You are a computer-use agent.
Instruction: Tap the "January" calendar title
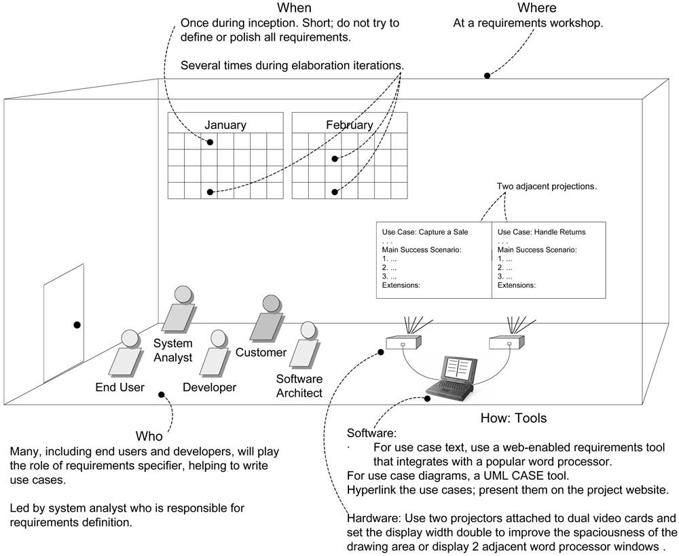(x=225, y=125)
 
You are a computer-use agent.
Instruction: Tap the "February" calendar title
(x=349, y=125)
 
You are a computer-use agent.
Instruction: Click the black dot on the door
(x=77, y=326)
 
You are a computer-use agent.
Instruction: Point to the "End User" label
(x=120, y=388)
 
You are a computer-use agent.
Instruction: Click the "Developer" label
(x=209, y=388)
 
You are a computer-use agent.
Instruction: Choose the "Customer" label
(x=261, y=353)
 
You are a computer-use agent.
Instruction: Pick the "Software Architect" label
(x=299, y=386)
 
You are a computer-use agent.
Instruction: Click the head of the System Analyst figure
(x=183, y=295)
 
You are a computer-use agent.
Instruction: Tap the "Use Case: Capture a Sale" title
(x=425, y=232)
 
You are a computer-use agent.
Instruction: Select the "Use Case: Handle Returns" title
(x=541, y=232)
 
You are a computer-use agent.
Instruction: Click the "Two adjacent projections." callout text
(x=547, y=186)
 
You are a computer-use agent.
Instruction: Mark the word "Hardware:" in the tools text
(x=371, y=517)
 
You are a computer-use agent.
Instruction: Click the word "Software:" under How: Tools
(x=371, y=433)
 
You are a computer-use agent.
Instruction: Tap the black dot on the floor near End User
(x=162, y=394)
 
